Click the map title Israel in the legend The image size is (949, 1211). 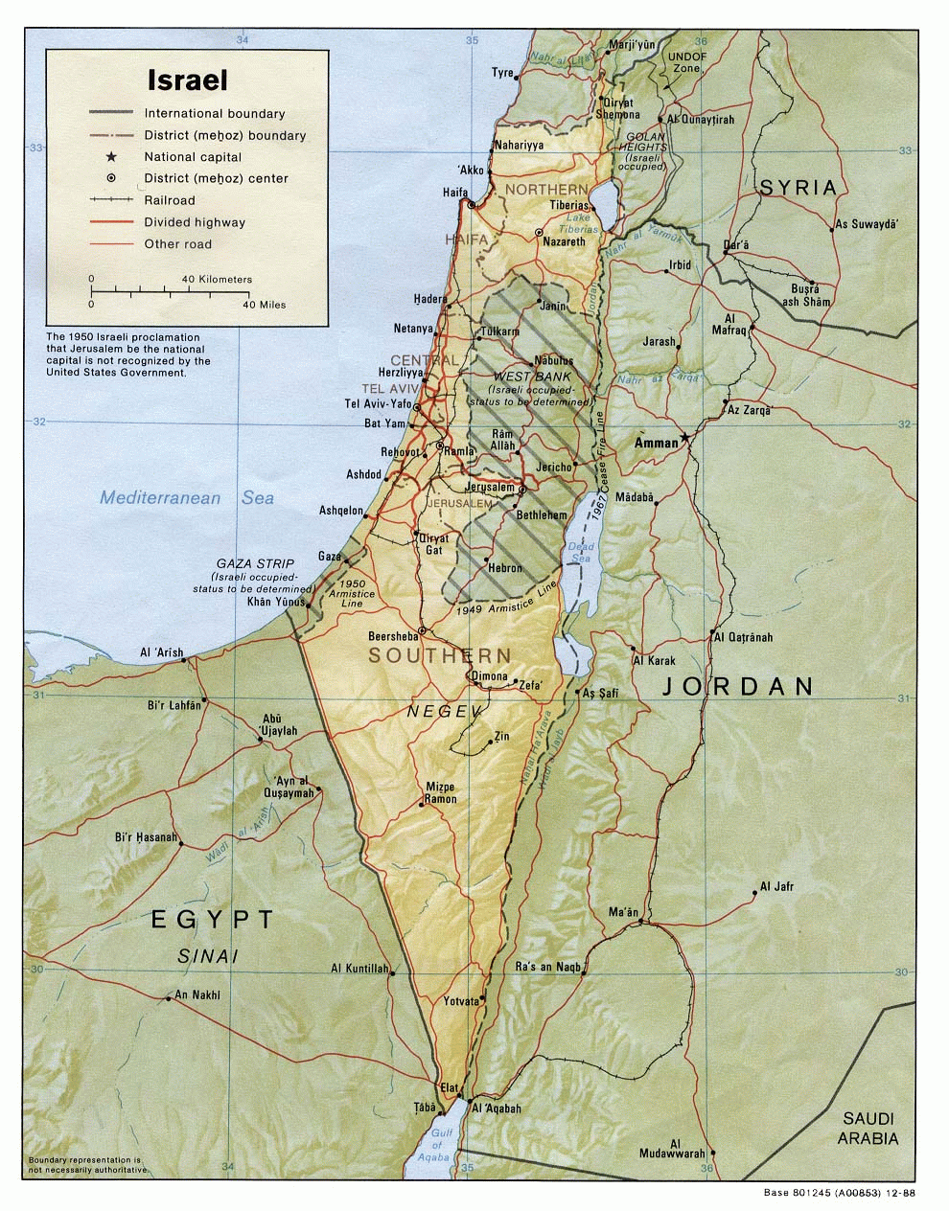187,80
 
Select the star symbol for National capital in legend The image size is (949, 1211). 111,157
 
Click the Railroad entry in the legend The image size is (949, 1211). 169,200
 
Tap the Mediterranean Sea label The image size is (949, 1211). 187,497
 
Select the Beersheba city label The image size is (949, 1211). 393,636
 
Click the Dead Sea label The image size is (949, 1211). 582,553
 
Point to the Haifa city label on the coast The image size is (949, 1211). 455,193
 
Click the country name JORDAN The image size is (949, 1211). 735,686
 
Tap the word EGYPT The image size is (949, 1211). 213,919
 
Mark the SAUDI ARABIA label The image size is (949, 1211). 868,1129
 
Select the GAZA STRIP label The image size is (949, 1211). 254,563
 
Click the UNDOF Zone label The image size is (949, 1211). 686,62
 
